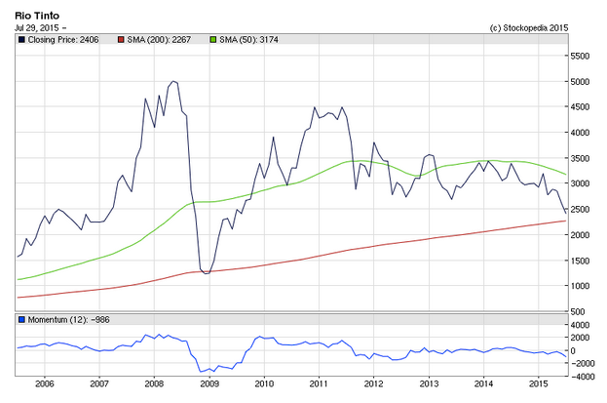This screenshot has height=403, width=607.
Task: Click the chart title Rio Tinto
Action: tap(37, 16)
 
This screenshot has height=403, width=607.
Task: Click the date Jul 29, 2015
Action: tap(37, 28)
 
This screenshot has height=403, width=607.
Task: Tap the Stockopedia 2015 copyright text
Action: tap(529, 28)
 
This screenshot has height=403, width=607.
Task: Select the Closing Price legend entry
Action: tap(58, 40)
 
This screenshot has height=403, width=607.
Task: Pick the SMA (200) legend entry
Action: tap(154, 40)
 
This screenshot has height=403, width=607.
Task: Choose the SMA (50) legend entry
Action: tap(244, 40)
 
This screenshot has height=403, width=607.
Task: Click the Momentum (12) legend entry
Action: tap(64, 320)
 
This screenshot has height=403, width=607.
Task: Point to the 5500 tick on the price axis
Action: tap(580, 56)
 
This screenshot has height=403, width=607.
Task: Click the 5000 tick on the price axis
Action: tap(580, 81)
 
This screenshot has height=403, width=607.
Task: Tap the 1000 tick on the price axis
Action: tap(580, 286)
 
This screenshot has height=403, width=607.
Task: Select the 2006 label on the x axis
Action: tap(45, 384)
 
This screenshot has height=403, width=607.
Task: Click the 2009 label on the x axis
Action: tap(209, 384)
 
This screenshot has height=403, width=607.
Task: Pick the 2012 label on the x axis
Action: tap(374, 384)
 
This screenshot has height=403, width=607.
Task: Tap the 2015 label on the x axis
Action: tap(539, 384)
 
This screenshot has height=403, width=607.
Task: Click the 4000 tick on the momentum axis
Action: tap(580, 325)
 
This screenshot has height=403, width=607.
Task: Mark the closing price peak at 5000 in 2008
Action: tap(173, 81)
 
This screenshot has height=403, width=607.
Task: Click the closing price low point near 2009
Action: tap(207, 273)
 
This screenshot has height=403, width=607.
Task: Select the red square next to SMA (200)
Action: tap(121, 40)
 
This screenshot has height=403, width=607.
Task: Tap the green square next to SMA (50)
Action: tap(213, 40)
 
